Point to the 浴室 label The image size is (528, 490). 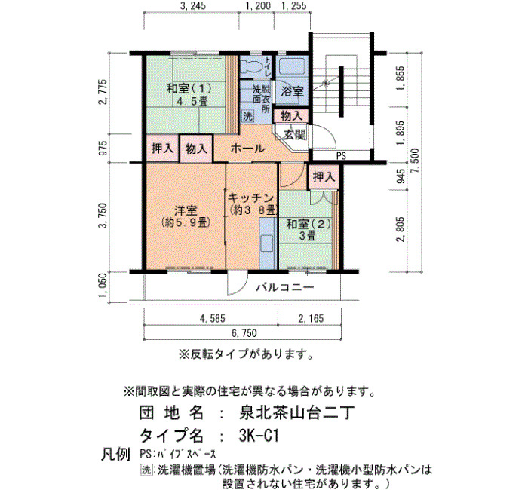292,91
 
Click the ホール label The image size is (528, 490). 247,148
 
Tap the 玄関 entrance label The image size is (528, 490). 295,135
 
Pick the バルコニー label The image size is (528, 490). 285,287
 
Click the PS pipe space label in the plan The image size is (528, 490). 341,156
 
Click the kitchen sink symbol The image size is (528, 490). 267,243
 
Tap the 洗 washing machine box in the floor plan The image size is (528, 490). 247,116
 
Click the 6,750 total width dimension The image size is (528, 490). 244,333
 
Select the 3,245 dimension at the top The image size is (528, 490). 192,6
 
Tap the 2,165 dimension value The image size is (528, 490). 311,318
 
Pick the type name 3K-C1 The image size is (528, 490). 259,436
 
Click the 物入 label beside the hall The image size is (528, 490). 196,148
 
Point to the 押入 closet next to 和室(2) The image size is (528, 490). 324,176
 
